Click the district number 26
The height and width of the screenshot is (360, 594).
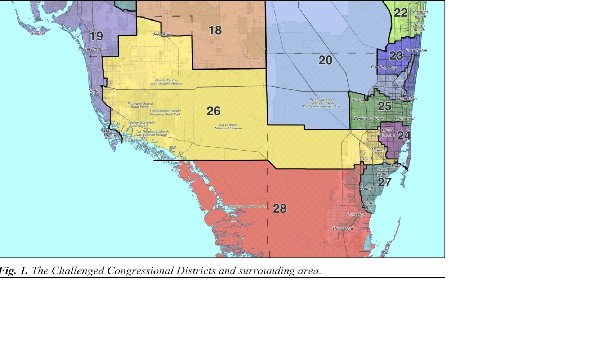tap(214, 111)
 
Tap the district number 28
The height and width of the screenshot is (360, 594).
tap(280, 209)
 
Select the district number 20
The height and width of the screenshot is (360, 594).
tap(325, 60)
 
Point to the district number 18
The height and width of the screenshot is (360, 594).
tap(215, 30)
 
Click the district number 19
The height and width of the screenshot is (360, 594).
tap(96, 36)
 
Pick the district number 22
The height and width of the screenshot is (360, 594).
tap(401, 13)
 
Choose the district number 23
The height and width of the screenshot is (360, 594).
tap(396, 56)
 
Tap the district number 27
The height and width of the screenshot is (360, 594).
tap(384, 182)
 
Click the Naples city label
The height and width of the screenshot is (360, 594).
tap(95, 91)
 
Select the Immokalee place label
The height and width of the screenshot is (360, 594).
tap(163, 35)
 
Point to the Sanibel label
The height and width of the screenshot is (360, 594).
tap(38, 34)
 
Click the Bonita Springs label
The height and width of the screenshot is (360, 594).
tap(91, 49)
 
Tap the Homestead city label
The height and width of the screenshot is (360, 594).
tap(343, 228)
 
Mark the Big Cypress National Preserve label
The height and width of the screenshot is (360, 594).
tap(228, 126)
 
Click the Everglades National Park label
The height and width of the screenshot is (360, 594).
tap(247, 206)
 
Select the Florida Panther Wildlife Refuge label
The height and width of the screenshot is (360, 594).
tap(166, 82)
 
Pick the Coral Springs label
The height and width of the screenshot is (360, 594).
tap(384, 67)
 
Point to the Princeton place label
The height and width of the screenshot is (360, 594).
tap(356, 214)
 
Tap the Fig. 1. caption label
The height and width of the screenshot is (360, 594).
tap(13, 271)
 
